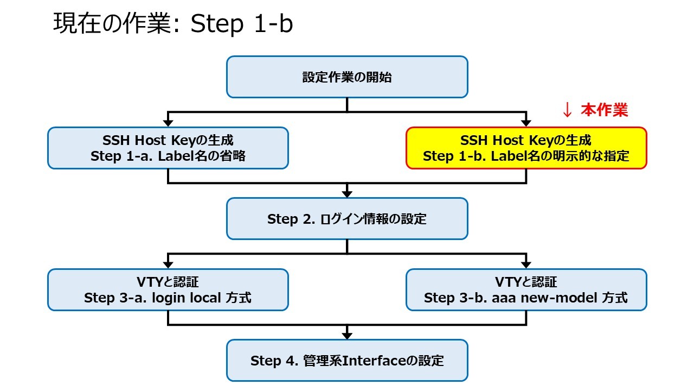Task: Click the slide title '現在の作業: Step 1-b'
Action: [x=173, y=23]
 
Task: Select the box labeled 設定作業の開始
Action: [x=347, y=77]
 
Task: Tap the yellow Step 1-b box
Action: [x=526, y=148]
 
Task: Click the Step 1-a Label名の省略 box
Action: [x=168, y=148]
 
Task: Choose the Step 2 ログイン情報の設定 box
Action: [x=347, y=219]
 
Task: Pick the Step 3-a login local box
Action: [x=168, y=289]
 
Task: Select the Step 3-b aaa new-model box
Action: [x=526, y=289]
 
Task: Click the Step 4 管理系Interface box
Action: [x=347, y=361]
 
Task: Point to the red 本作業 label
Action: [x=604, y=110]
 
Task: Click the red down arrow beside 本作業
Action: [x=567, y=110]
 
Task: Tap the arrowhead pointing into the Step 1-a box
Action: [x=168, y=123]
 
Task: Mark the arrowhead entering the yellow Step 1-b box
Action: [x=526, y=123]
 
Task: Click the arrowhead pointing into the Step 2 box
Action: [x=347, y=194]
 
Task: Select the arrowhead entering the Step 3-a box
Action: [x=168, y=264]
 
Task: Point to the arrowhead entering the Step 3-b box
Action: [x=526, y=264]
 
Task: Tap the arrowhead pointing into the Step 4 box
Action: [x=347, y=336]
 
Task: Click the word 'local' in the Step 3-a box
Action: [x=205, y=298]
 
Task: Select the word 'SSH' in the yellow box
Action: [x=474, y=140]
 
